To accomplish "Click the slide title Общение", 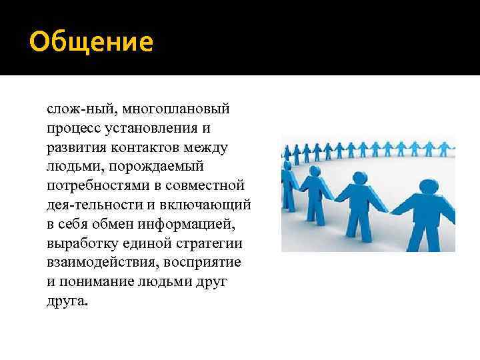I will pos(91,42).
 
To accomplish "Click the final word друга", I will pos(67,301).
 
